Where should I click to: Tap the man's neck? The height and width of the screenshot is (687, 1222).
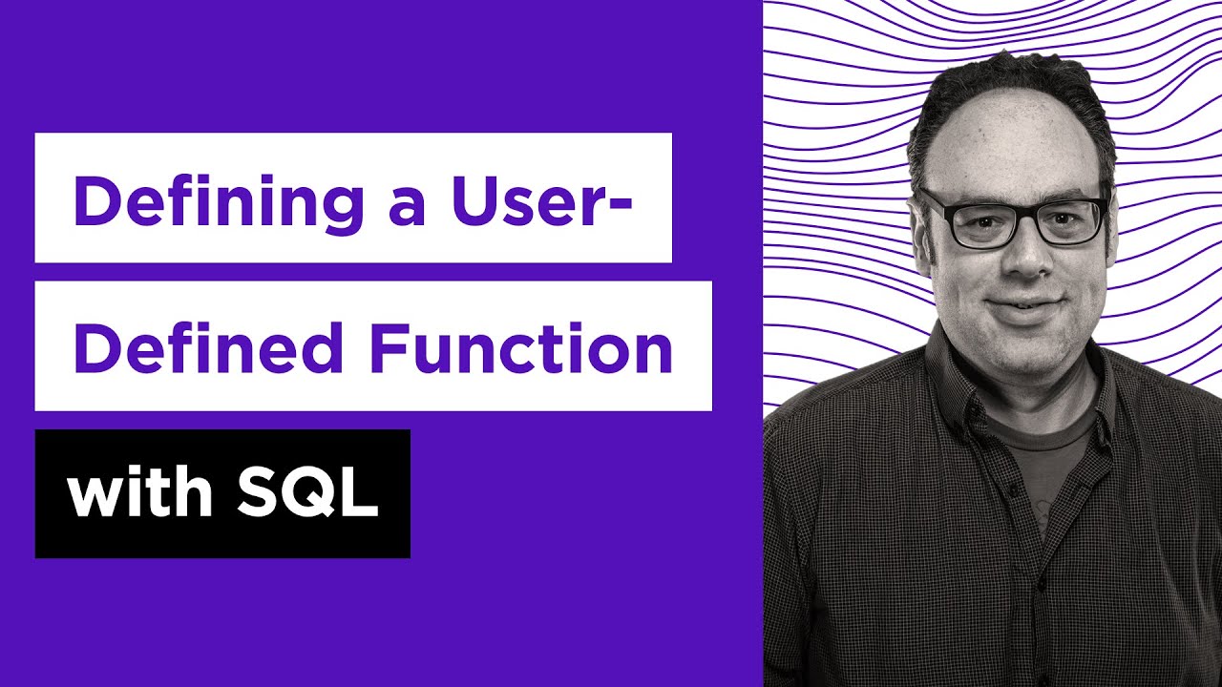tap(1036, 391)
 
